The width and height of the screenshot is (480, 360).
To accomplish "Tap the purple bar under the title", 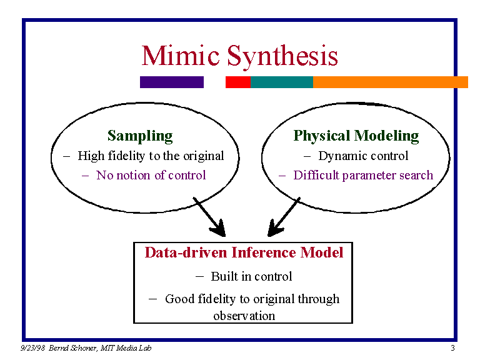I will (171, 82).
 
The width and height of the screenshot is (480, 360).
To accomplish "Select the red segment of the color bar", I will (237, 82).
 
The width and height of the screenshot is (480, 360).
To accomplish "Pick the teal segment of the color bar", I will (281, 82).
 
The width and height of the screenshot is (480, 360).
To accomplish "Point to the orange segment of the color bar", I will (390, 82).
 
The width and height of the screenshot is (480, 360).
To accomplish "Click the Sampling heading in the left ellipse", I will (140, 136).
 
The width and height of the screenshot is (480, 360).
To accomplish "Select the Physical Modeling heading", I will (356, 136).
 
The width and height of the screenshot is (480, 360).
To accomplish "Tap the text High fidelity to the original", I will (150, 156).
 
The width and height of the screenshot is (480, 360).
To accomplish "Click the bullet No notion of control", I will (151, 175).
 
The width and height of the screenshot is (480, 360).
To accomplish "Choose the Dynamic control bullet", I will (362, 156).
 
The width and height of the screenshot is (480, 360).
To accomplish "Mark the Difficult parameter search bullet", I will (362, 175).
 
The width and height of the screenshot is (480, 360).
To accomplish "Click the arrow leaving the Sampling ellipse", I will (209, 216).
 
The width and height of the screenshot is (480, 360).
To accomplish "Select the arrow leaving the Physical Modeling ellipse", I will (284, 216).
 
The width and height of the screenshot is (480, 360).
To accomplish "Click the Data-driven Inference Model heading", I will (244, 252).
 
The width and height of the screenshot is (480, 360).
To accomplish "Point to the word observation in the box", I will (244, 316).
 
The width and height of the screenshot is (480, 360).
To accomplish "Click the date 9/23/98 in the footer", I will (30, 348).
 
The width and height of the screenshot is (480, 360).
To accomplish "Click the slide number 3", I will (452, 348).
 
